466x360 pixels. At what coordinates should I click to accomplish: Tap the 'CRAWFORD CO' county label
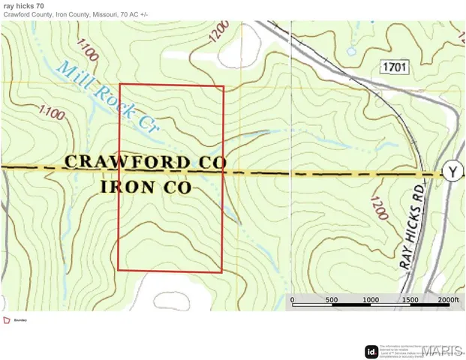tap(145, 162)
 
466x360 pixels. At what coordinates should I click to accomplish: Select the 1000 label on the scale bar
tap(370, 300)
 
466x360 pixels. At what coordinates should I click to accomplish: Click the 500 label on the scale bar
tap(331, 300)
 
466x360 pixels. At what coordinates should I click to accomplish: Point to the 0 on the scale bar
tap(292, 300)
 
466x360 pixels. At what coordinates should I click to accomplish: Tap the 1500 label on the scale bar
tap(409, 300)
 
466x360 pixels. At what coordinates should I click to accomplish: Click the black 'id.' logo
tap(371, 350)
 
